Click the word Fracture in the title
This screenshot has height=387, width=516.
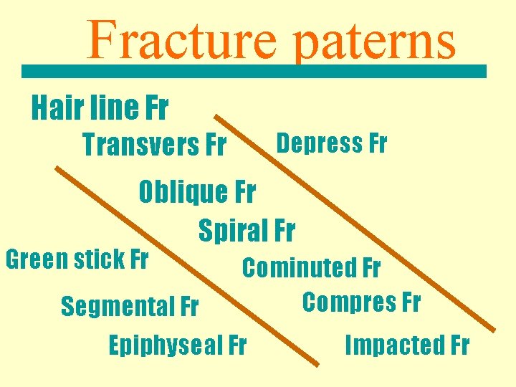[x=181, y=41]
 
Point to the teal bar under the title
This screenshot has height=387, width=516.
[x=253, y=71]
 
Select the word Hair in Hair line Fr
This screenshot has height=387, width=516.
[x=55, y=108]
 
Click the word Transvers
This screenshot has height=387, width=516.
[x=140, y=145]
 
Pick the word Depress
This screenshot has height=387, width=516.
[x=319, y=143]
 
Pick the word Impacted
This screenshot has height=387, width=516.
[x=391, y=345]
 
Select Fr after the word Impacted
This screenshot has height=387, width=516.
[x=456, y=345]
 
